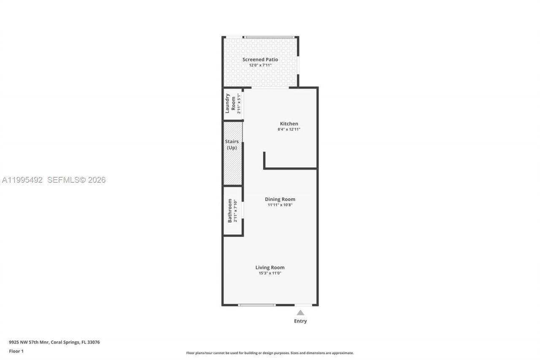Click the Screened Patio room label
[260, 60]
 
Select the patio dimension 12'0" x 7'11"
[260, 65]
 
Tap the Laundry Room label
[230, 103]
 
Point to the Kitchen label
[289, 124]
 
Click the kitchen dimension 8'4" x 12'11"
[289, 130]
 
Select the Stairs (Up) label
[232, 144]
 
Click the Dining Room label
[280, 199]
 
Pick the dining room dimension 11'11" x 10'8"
[280, 205]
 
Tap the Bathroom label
[230, 211]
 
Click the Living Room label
[270, 267]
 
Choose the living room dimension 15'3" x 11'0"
[270, 273]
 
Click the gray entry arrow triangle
[300, 313]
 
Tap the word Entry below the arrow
[300, 321]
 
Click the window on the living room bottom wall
[256, 305]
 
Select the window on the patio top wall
[270, 37]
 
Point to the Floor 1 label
[16, 351]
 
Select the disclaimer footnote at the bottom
[270, 353]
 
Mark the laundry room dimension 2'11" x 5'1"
[239, 103]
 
